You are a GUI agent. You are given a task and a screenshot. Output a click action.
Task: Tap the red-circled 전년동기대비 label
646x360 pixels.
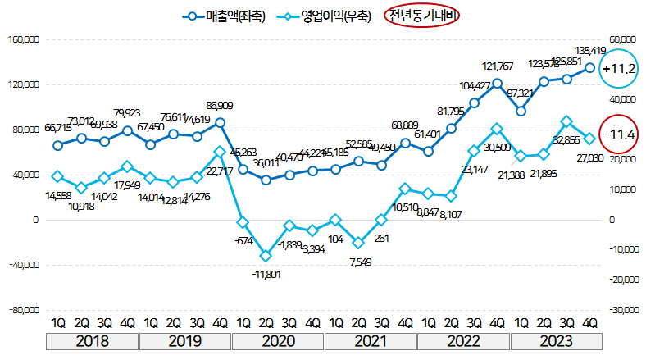(x=424, y=16)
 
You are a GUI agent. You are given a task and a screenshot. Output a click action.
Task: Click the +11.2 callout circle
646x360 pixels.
(x=619, y=70)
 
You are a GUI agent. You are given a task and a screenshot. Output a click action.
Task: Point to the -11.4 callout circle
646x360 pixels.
(x=619, y=133)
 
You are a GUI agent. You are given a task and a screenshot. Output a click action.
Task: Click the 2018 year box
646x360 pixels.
(x=92, y=341)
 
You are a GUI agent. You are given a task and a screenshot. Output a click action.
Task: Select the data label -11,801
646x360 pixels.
(x=265, y=274)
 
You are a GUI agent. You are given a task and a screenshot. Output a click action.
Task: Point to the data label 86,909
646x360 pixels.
(x=219, y=106)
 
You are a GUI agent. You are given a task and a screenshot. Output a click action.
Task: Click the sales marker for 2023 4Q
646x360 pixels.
(x=589, y=68)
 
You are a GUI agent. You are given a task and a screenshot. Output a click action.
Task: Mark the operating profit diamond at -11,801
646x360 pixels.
(x=266, y=256)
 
